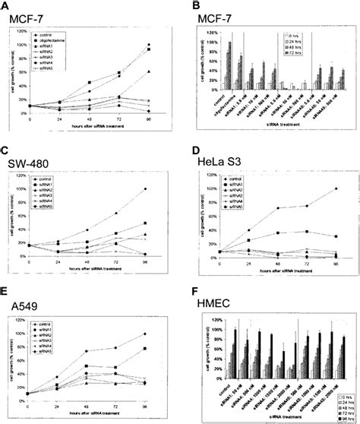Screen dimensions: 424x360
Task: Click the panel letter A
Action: click(7, 5)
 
